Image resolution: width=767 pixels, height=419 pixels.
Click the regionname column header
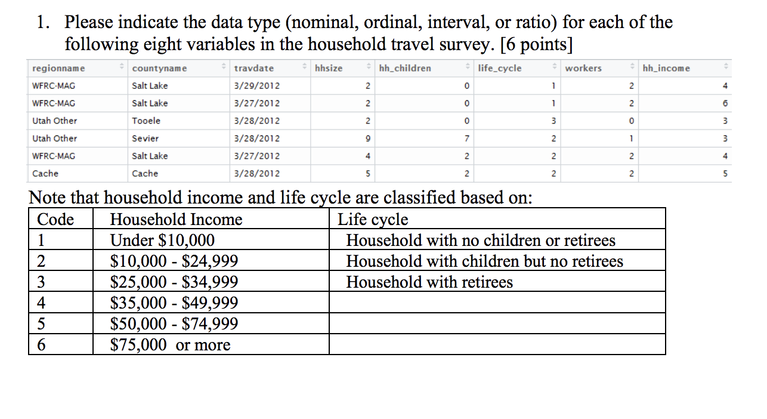58,68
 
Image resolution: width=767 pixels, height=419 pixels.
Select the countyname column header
159,68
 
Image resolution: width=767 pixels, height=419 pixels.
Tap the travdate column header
254,68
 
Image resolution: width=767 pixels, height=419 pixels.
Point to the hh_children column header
405,68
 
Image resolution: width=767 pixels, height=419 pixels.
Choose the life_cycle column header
500,68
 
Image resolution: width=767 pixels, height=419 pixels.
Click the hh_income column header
666,68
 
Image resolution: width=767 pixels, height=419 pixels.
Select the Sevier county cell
146,138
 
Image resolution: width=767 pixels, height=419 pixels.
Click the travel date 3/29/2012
257,86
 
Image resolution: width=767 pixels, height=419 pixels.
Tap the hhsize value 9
368,138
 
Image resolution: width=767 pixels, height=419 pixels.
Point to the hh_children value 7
467,138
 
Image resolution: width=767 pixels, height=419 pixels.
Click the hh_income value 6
725,103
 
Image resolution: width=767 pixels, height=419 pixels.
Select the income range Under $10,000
163,241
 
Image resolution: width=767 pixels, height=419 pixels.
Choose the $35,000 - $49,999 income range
174,303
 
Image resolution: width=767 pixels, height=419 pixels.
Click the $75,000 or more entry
171,345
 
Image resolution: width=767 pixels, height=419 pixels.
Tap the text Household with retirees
429,282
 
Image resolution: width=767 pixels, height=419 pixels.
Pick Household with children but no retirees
484,261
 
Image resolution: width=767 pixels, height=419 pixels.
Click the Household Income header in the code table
177,220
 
